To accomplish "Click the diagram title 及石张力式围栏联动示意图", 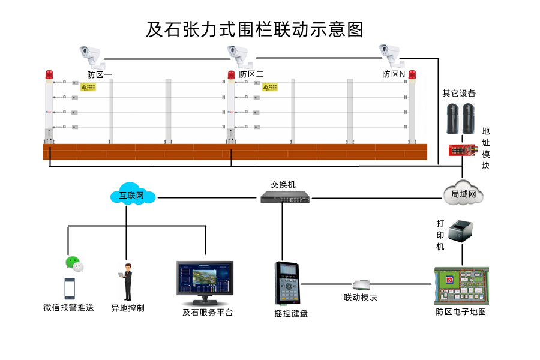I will (255, 29).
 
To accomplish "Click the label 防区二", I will (251, 74).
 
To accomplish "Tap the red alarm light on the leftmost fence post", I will (49, 75).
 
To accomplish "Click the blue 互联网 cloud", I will (133, 195).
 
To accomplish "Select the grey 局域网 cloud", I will (463, 193).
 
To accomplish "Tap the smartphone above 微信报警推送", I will (70, 289).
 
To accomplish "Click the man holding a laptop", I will (127, 282).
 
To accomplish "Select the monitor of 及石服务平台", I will (205, 279).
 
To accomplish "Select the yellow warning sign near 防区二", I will (269, 87).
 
